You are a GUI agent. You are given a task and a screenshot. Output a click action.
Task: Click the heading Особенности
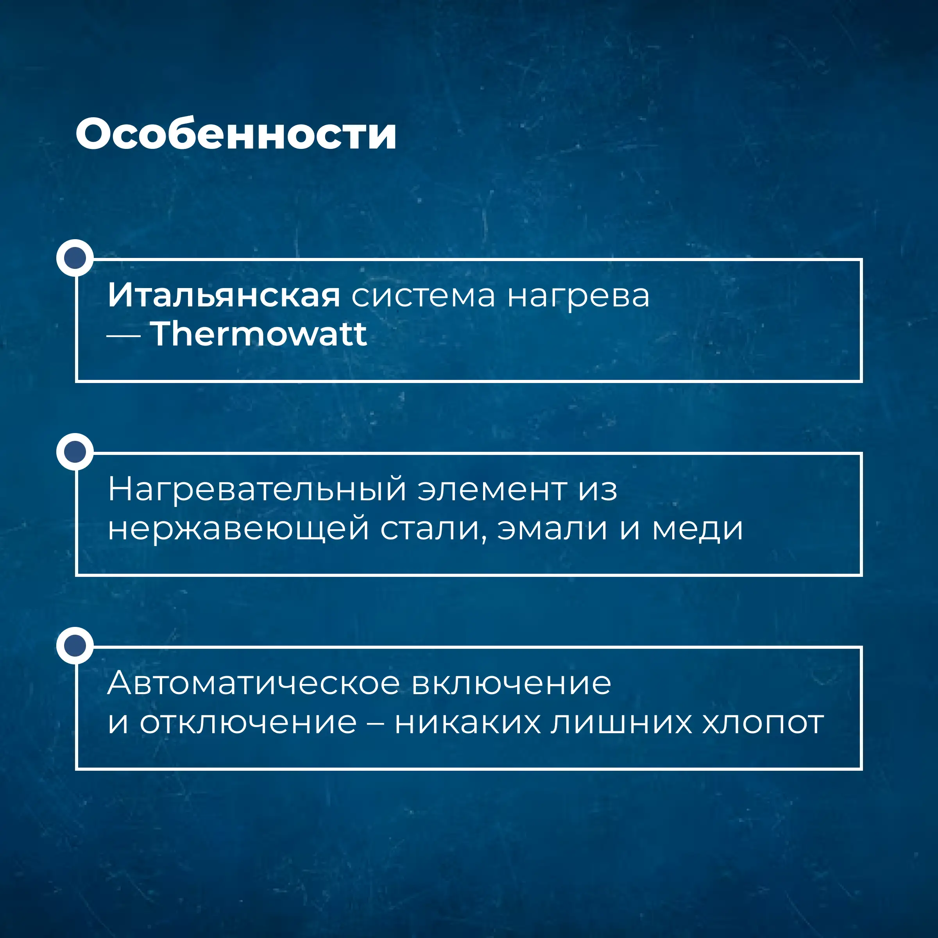(x=236, y=134)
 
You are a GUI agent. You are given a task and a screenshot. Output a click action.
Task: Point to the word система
(x=423, y=296)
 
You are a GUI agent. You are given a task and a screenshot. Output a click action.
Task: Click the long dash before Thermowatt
(x=124, y=335)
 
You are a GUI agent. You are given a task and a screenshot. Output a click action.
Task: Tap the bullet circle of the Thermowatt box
(x=75, y=258)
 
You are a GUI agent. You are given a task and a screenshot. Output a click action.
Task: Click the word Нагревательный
(x=257, y=489)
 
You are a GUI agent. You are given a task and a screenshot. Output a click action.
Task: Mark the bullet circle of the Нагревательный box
(x=75, y=451)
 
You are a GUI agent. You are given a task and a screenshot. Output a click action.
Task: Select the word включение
(x=511, y=684)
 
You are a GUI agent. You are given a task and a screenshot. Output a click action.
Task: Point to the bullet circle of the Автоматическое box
(x=75, y=645)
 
